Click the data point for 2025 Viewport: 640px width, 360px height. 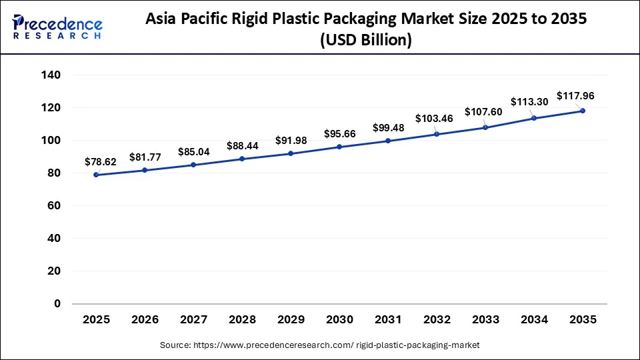[97, 175]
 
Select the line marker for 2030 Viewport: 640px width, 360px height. [339, 147]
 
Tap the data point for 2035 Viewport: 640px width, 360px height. [582, 111]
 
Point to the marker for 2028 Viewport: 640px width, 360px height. [242, 159]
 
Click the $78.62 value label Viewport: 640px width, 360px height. [100, 161]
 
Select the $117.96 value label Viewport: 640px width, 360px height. [575, 96]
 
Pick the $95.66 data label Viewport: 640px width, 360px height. [339, 133]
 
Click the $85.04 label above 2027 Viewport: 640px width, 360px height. [193, 151]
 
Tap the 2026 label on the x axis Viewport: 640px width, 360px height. [145, 320]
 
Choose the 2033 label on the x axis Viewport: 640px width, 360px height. [485, 320]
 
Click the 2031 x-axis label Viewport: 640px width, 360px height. [387, 320]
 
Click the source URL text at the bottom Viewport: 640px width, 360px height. [320, 345]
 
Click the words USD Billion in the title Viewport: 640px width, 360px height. [366, 41]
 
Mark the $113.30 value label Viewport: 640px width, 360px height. [529, 102]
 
